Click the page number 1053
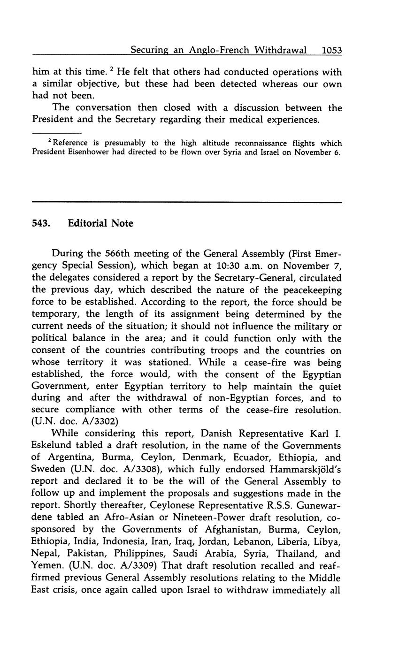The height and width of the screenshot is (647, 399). tap(332, 50)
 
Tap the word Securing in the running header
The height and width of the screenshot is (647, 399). tap(149, 50)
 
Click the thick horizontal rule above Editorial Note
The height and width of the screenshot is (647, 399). tap(187, 202)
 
